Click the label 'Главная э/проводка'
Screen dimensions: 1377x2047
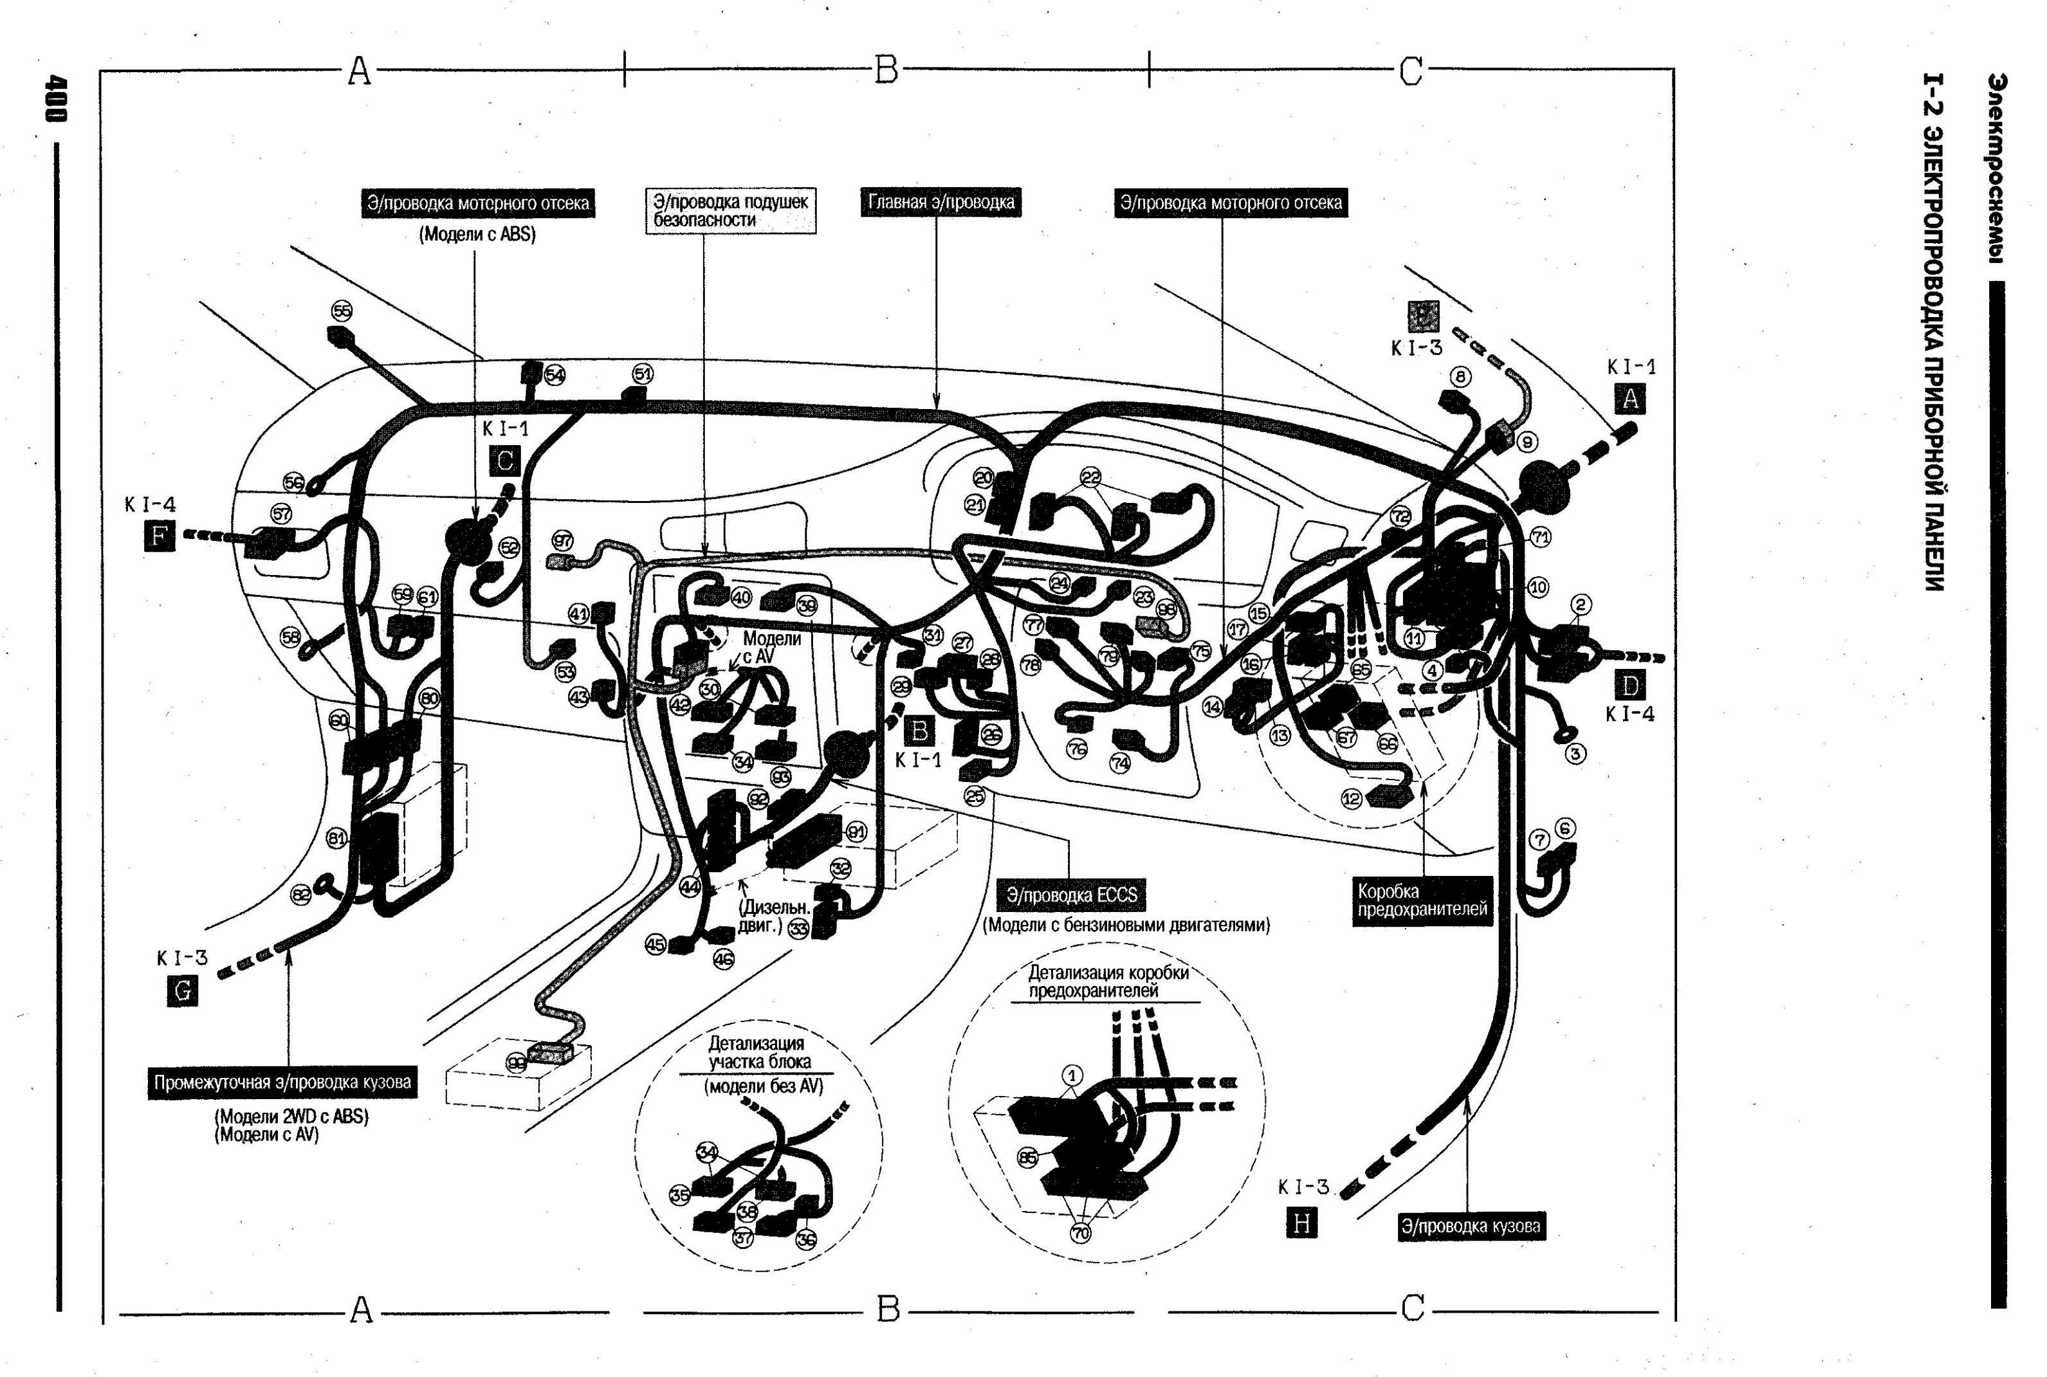coord(941,203)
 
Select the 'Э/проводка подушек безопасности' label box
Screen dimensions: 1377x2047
coord(731,211)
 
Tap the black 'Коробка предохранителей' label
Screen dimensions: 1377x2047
coord(1422,900)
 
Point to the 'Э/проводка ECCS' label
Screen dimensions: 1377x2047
coord(1071,895)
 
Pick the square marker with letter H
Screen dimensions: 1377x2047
coord(1301,1223)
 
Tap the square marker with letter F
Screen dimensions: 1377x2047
coord(159,535)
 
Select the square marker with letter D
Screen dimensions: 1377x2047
coord(1630,686)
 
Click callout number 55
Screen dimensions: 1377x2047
coord(342,310)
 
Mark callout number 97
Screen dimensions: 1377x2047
coord(562,541)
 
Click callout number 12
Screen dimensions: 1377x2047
coord(1352,798)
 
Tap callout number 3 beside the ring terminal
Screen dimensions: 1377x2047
coord(1576,754)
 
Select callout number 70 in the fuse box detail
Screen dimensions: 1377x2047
coord(1080,1233)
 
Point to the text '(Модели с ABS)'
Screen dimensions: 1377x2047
coord(477,235)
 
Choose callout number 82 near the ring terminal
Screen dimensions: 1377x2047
coord(300,895)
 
